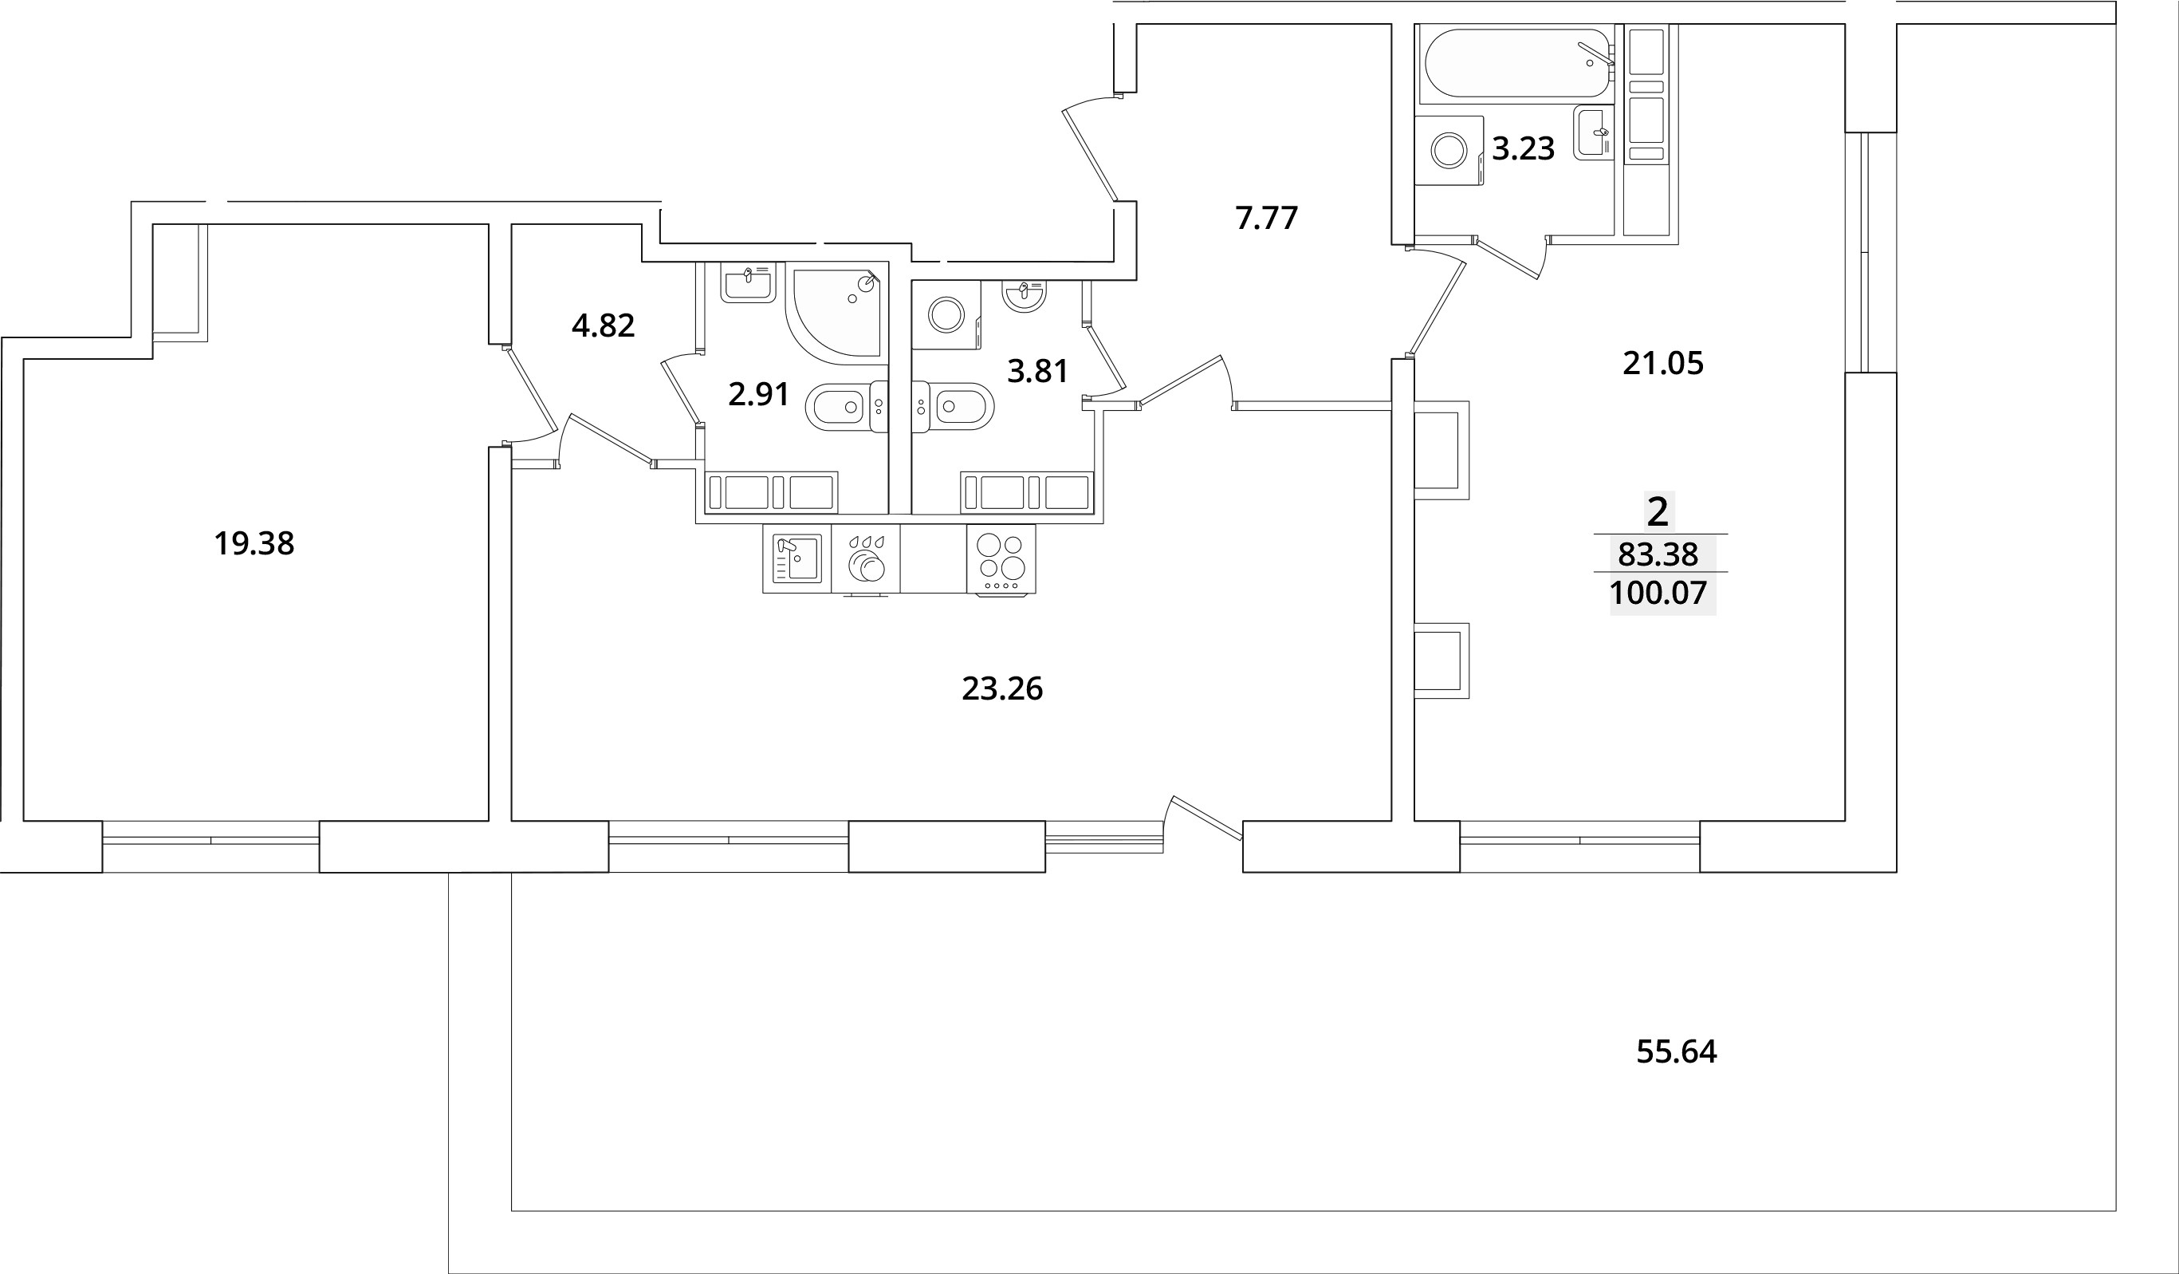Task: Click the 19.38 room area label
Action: [254, 544]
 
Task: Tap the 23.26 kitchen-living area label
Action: [1001, 689]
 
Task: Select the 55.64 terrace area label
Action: [1676, 1051]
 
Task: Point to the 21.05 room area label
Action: [1662, 364]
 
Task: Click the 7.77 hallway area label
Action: [1266, 219]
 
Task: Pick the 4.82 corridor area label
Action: [603, 326]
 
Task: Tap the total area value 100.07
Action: [1658, 594]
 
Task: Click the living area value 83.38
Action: [1658, 554]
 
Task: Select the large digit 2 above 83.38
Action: [1657, 513]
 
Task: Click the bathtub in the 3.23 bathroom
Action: [1515, 63]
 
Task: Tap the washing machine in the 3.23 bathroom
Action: [1449, 151]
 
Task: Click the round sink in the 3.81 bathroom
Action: [1024, 295]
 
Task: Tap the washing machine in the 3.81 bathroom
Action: [946, 315]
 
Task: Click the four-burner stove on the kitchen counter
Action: [1001, 557]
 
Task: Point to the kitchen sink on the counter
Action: [796, 558]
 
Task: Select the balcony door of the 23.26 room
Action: [1206, 818]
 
